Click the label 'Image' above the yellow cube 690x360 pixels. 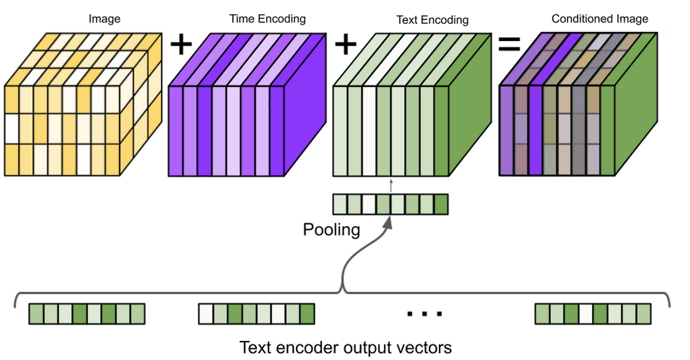click(105, 19)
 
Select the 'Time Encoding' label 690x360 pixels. click(267, 19)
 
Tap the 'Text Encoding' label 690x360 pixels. click(432, 20)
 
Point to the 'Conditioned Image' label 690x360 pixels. click(599, 19)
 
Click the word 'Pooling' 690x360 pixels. click(331, 230)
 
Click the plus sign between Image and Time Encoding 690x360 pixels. click(181, 45)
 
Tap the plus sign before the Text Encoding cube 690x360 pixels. click(346, 45)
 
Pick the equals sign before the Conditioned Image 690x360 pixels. click(509, 45)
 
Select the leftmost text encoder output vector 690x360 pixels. click(87, 314)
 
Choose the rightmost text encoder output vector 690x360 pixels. click(593, 314)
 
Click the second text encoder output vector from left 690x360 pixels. click(256, 314)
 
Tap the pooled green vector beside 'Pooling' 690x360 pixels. click(390, 205)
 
